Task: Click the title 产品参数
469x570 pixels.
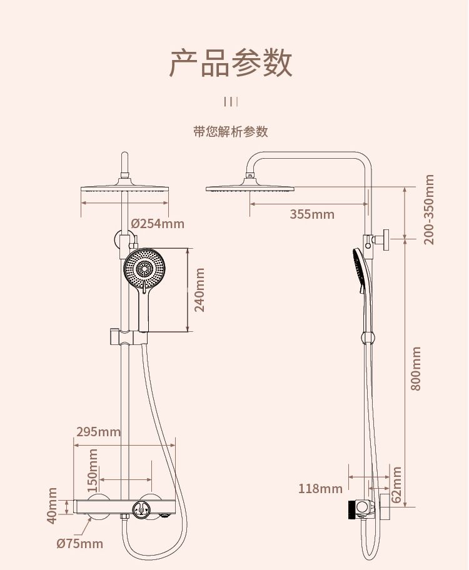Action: pos(231,62)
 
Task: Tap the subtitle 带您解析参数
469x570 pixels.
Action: pos(231,131)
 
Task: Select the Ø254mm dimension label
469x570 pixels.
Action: pos(158,223)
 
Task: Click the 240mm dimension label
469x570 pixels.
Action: pos(199,290)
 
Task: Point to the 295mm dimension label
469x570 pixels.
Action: pos(98,432)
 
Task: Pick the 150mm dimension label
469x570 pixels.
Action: pos(93,469)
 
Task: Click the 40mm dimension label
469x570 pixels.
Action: pos(53,505)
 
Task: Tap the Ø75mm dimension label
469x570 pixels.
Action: pos(79,544)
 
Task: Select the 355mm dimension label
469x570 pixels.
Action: pos(312,214)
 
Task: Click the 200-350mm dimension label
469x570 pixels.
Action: pos(429,209)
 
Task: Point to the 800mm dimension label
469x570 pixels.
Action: pos(416,369)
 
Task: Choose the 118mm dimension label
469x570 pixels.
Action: pos(320,489)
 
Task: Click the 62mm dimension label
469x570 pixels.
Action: pos(396,484)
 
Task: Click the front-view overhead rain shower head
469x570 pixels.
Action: pos(125,190)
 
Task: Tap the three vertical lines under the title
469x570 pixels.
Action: pos(231,102)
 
